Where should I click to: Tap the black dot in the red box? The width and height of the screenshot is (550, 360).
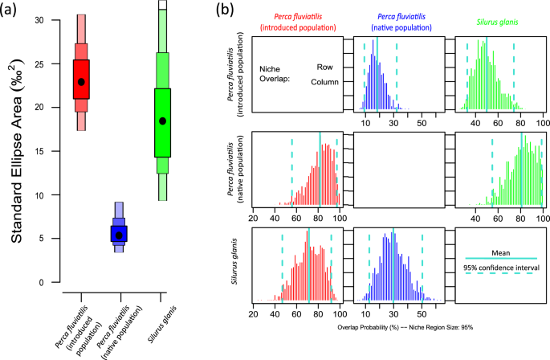[x=82, y=82]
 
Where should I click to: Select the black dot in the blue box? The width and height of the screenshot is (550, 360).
[x=119, y=235]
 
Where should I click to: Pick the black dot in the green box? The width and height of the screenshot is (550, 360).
[x=163, y=121]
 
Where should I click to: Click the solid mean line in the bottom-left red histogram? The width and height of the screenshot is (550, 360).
[x=308, y=265]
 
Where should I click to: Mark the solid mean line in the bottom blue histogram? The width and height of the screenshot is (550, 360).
[x=393, y=265]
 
